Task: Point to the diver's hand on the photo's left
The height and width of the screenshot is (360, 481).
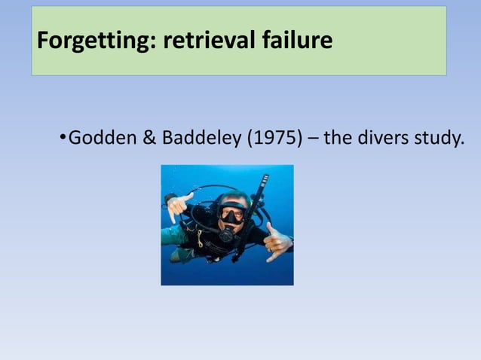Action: [x=179, y=205]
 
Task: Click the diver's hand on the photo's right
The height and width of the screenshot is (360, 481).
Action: [x=277, y=242]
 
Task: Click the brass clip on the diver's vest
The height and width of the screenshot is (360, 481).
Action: [x=200, y=240]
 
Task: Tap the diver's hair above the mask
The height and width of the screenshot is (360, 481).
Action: [x=231, y=197]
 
